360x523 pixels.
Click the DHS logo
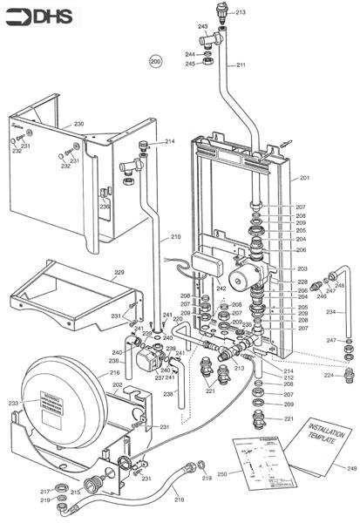click(30, 16)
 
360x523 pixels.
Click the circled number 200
click(155, 62)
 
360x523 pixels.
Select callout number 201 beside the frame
click(304, 178)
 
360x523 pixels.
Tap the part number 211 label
click(241, 65)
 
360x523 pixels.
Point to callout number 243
click(202, 27)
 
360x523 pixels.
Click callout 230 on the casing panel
click(78, 125)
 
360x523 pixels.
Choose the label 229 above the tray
click(119, 273)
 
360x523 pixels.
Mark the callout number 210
click(175, 236)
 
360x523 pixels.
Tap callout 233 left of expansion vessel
click(13, 403)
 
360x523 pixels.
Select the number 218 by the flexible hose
click(179, 499)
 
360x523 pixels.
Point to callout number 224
click(329, 376)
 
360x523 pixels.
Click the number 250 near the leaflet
click(221, 473)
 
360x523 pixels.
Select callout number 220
click(178, 320)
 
